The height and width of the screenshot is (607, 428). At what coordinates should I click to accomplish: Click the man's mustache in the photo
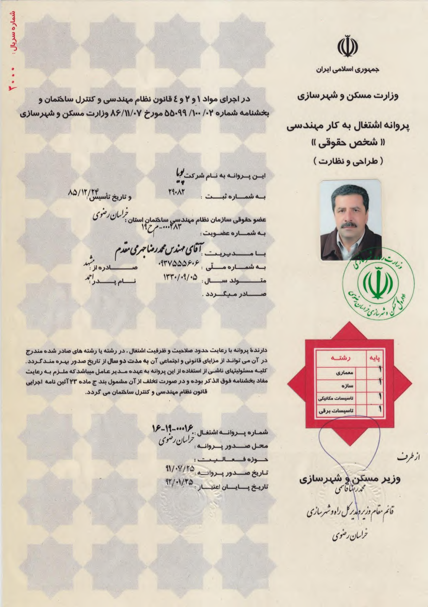coord(348,225)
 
